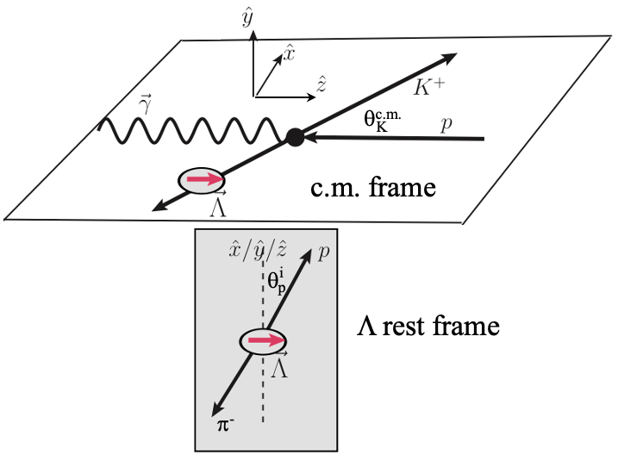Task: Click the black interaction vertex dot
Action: (x=295, y=136)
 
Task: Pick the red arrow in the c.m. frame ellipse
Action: (x=201, y=180)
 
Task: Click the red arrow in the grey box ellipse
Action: (x=265, y=341)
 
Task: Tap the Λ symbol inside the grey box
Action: (x=279, y=368)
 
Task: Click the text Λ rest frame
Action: (x=428, y=327)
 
